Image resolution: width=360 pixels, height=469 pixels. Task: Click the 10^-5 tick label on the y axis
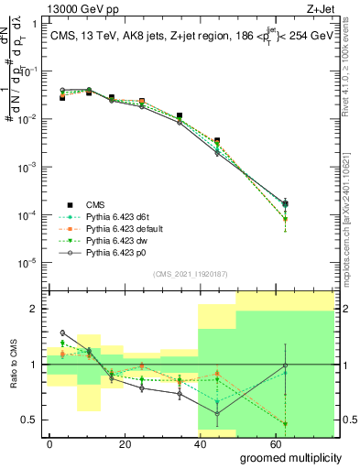[28, 263]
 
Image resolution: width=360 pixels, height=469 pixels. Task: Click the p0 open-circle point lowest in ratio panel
[217, 413]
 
